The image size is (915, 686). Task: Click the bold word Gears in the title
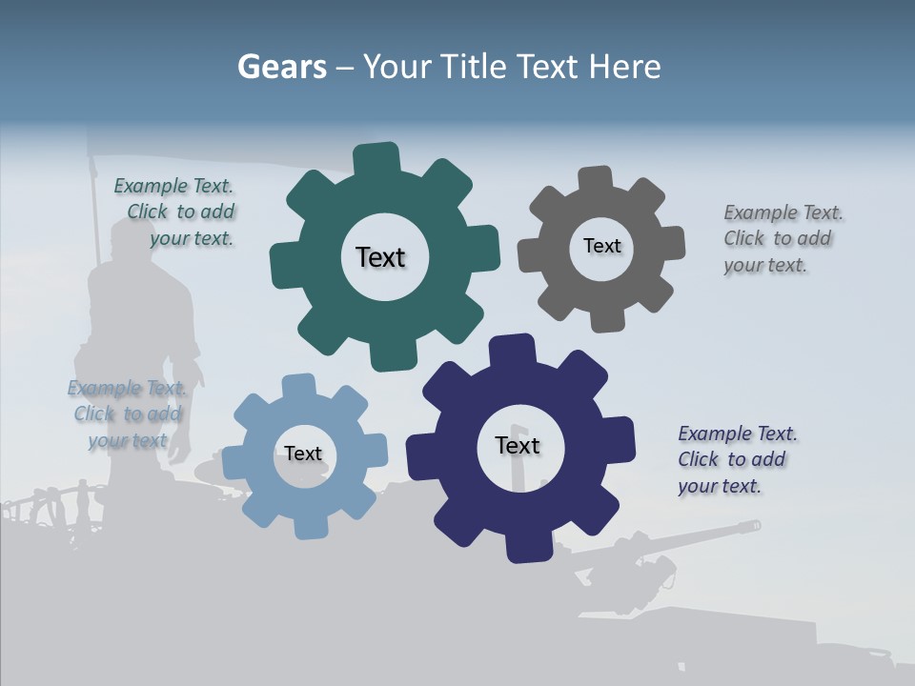pos(281,67)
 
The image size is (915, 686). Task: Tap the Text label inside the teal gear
pos(380,257)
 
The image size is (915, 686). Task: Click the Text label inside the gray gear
pos(601,246)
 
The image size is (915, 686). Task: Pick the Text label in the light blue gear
pos(303,454)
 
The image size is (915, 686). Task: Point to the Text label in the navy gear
pos(518,445)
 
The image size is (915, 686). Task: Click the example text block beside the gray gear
pos(782,239)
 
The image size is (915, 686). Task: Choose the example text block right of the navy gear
pos(736,459)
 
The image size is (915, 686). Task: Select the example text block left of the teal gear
pos(177,212)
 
